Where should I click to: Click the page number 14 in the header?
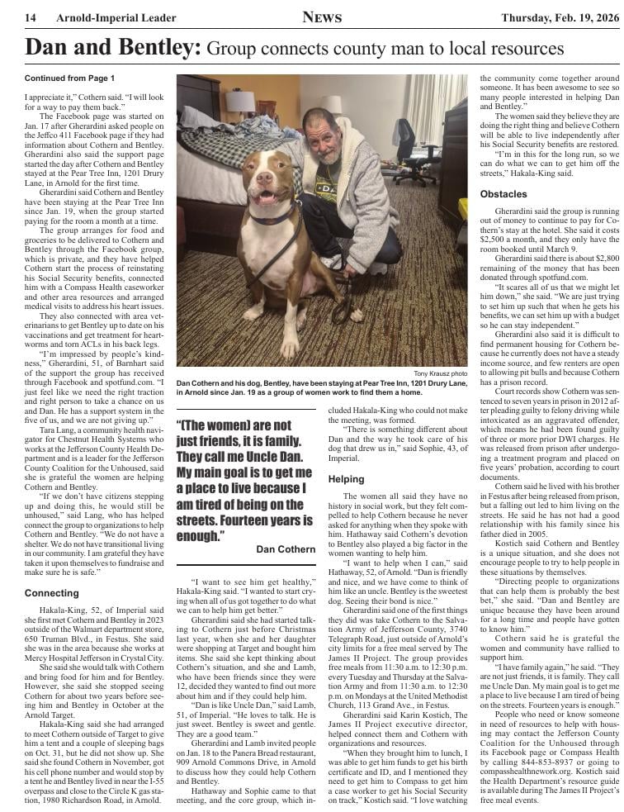pos(30,18)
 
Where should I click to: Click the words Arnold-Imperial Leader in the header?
pos(116,18)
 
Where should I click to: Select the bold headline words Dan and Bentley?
pos(113,48)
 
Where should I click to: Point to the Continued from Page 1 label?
pos(70,78)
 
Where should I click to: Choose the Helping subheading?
pos(346,479)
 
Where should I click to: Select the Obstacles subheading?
pos(503,194)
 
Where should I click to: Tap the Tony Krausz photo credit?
pos(442,373)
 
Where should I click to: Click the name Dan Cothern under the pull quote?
pos(286,549)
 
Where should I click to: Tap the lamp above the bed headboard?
pos(240,100)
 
